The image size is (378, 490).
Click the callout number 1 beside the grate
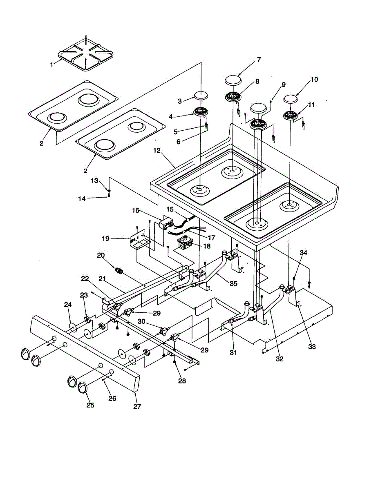(51, 65)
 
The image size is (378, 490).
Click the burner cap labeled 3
(201, 96)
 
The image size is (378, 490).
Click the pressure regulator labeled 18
(186, 244)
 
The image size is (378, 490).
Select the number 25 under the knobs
(90, 405)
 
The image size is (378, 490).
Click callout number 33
(312, 347)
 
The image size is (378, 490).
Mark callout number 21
(103, 278)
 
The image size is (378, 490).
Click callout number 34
(303, 253)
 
